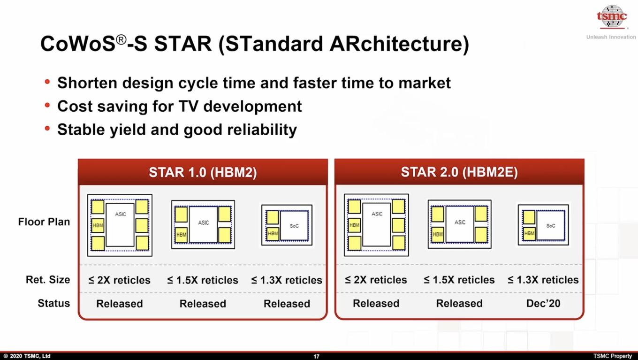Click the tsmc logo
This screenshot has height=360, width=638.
point(612,16)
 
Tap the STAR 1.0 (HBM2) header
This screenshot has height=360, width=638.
point(203,172)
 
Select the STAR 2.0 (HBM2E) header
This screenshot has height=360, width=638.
point(459,172)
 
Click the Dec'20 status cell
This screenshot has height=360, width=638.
point(543,303)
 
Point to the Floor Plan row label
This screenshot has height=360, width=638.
point(44,222)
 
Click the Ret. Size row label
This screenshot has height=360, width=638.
point(48,280)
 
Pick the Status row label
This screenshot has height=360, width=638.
point(54,303)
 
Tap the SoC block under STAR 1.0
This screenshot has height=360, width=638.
point(294,226)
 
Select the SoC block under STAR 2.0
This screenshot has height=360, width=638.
point(551,225)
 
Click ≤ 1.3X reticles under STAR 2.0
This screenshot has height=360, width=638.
point(543,280)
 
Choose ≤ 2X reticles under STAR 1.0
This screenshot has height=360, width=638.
point(119,280)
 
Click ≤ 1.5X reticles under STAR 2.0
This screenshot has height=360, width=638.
point(459,280)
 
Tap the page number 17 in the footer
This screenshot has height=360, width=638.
point(317,356)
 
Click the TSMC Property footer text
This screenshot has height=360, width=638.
point(612,356)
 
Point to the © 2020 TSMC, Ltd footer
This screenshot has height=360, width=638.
point(27,356)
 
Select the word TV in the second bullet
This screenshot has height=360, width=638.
point(189,107)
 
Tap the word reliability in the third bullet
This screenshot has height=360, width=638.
point(262,130)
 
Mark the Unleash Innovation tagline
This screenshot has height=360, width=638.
point(611,37)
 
